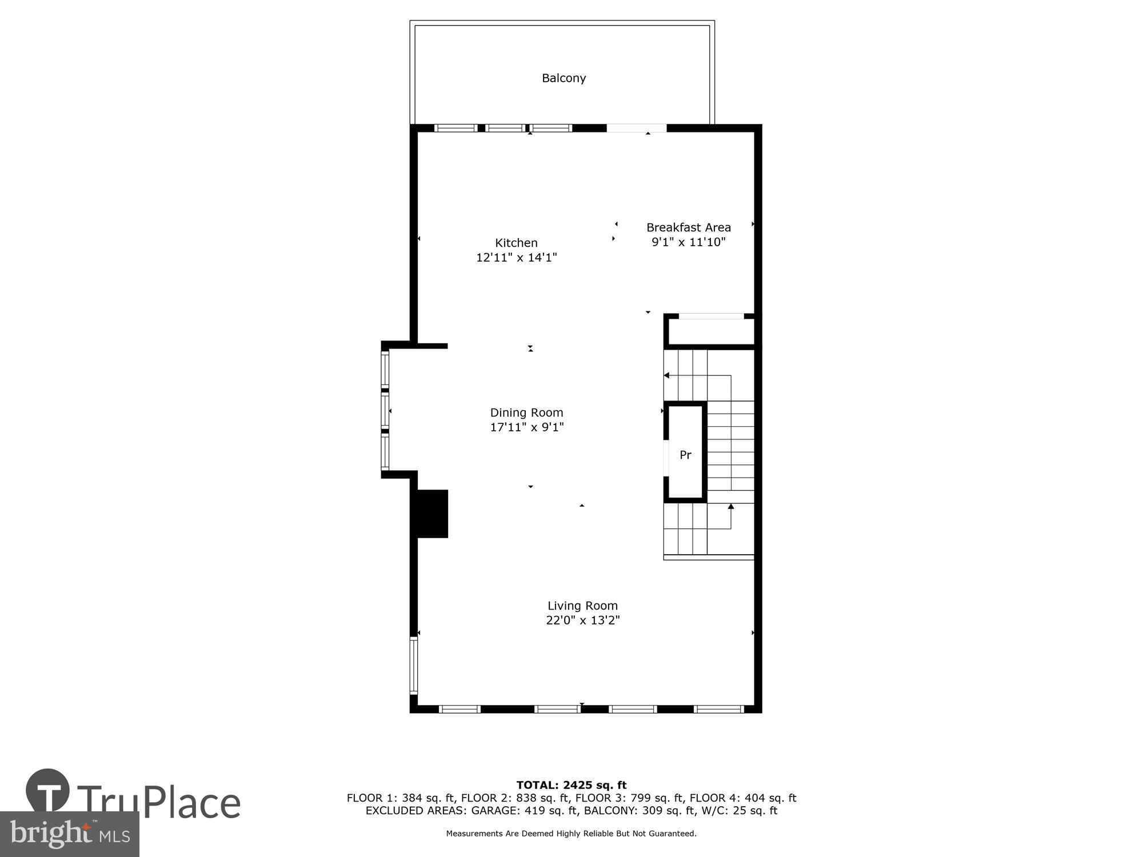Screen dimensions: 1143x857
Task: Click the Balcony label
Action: tap(563, 78)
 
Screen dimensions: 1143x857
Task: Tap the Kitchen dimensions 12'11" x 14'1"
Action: tap(516, 258)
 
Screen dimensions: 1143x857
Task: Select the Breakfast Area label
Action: tap(688, 227)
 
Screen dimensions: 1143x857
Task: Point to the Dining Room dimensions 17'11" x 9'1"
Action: tap(526, 427)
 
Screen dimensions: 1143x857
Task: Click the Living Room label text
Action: tap(582, 606)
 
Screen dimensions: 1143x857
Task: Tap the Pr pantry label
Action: tap(685, 455)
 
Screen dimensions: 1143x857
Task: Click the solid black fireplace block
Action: tap(431, 514)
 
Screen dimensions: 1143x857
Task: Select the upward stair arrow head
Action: tap(730, 506)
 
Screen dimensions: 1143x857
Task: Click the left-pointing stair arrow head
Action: tap(666, 375)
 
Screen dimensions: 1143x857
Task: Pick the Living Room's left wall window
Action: tap(414, 666)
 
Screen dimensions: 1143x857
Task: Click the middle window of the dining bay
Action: tap(385, 411)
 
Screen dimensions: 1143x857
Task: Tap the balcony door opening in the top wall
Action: tap(636, 128)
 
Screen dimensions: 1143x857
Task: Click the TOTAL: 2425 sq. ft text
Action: tap(571, 785)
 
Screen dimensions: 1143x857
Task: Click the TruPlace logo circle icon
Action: tap(48, 791)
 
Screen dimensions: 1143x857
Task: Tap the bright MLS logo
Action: tap(69, 834)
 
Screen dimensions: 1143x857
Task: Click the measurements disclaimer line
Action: tap(571, 834)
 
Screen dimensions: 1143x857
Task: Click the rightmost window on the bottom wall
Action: tap(718, 709)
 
